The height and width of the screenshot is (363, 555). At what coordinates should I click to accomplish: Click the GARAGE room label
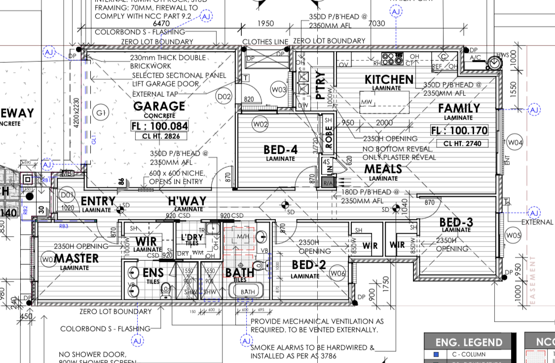click(x=159, y=106)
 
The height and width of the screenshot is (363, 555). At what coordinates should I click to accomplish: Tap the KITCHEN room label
click(x=389, y=80)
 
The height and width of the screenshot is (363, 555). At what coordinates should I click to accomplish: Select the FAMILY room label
click(x=459, y=108)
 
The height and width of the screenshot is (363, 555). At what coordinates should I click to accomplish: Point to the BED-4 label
click(x=281, y=150)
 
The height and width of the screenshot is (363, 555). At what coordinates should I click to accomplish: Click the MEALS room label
click(x=383, y=169)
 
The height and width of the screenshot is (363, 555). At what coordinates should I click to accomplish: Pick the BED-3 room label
click(x=456, y=223)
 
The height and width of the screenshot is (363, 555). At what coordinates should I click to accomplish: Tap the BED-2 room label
click(x=309, y=265)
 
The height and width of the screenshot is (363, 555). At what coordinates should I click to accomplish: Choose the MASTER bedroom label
click(x=76, y=258)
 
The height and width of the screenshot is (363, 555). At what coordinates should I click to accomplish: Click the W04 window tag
click(x=515, y=143)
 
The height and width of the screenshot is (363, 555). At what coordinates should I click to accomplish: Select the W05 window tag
click(x=514, y=235)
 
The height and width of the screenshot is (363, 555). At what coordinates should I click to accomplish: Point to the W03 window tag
click(x=279, y=89)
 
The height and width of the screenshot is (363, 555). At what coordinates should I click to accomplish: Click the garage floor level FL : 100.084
click(x=159, y=126)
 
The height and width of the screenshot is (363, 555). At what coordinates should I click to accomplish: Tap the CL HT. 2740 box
click(x=459, y=144)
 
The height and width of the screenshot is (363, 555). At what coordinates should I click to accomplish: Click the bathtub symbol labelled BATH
click(x=248, y=291)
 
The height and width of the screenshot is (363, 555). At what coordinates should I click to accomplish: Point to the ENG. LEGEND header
click(x=469, y=342)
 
